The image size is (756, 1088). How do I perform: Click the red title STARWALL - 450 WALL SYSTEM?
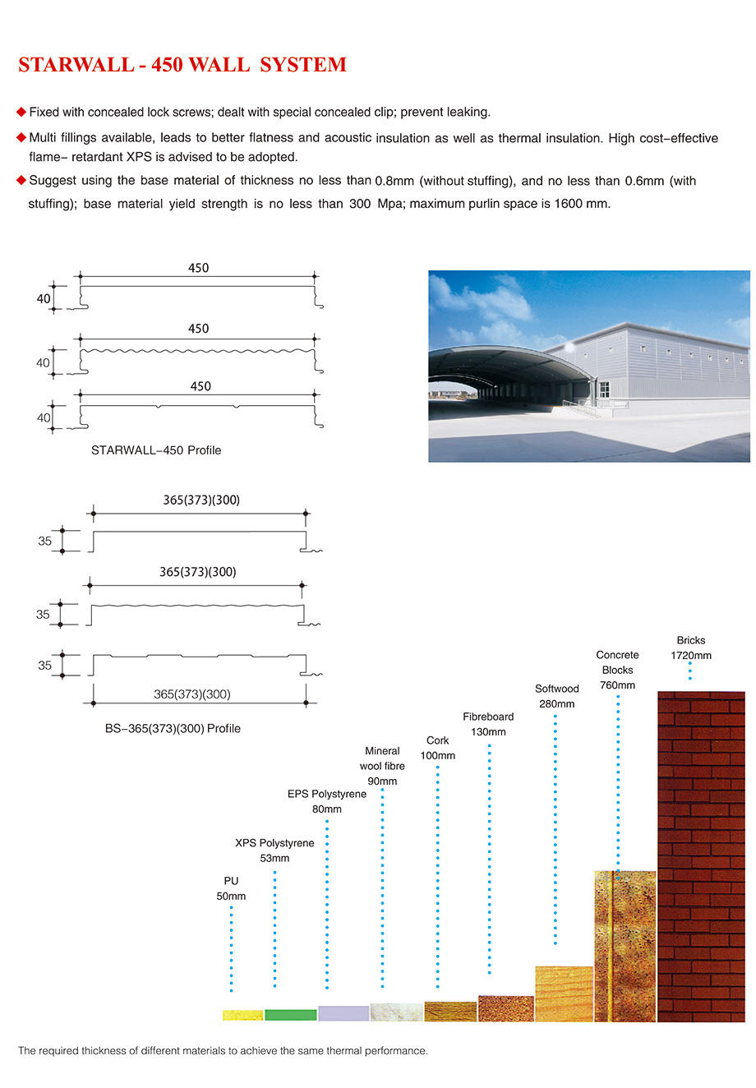[182, 66]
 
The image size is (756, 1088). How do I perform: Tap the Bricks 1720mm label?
[691, 648]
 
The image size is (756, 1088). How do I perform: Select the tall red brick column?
[701, 856]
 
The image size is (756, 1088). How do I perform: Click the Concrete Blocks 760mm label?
[617, 670]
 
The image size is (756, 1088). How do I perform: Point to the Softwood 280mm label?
[556, 696]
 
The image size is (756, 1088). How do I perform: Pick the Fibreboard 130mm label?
[488, 724]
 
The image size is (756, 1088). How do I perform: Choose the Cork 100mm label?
[438, 748]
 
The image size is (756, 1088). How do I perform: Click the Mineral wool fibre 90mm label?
[382, 766]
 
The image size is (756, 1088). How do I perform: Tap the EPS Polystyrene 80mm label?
[327, 801]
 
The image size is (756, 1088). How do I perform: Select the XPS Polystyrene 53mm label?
[274, 851]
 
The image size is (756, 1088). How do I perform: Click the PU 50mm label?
[231, 888]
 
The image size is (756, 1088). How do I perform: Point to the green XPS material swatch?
[290, 1015]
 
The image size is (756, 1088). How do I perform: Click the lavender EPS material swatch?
[343, 1013]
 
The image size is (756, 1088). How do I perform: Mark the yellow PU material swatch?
[242, 1016]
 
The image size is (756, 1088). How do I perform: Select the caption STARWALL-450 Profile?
[156, 450]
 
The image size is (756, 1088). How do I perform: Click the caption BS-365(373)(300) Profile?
[173, 728]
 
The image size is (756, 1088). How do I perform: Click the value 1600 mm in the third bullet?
[582, 203]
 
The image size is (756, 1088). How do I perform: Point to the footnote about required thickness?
[223, 1051]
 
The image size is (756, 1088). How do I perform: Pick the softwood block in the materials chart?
[564, 993]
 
